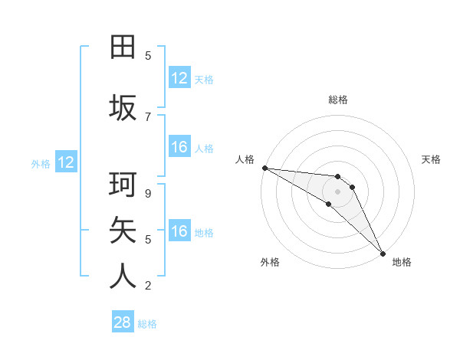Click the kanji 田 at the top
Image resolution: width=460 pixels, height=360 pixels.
point(123,47)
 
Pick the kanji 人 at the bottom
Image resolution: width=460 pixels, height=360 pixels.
point(123,276)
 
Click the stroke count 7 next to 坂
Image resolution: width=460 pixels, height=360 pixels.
point(148,116)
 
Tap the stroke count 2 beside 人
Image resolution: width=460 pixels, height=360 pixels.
point(148,286)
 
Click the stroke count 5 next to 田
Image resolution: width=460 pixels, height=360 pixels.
point(148,55)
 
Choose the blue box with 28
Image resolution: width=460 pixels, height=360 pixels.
point(123,322)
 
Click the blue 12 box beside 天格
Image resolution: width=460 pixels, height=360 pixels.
point(179,78)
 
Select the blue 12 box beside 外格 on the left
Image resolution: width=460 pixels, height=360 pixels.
point(66,162)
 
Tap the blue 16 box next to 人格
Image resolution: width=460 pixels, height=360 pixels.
point(179,147)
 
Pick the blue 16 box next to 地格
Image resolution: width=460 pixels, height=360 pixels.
point(179,231)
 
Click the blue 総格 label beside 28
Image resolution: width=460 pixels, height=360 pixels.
point(148,324)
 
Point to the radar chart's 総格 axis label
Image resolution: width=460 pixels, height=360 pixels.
point(338,100)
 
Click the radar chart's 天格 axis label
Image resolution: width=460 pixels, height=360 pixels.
point(432,159)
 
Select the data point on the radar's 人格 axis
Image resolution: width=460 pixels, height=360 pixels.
point(264,168)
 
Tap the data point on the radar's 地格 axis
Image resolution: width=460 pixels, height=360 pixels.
point(382,252)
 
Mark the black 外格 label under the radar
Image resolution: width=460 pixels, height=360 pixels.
point(270,262)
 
